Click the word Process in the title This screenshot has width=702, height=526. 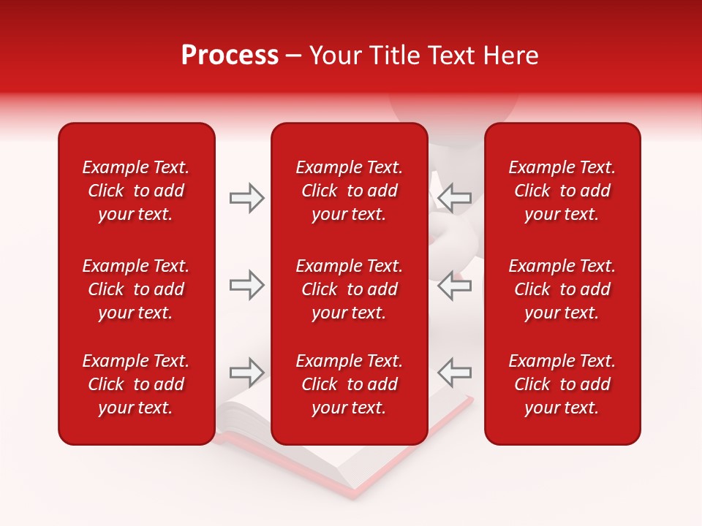click(230, 56)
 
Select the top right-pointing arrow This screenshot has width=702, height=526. click(246, 197)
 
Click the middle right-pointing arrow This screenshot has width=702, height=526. click(246, 285)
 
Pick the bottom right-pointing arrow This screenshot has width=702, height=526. click(246, 373)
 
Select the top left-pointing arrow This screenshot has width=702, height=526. click(454, 197)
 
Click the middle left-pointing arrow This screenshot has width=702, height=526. click(454, 285)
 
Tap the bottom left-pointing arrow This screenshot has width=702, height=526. click(454, 373)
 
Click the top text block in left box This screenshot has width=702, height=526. click(136, 191)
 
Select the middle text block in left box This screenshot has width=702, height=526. click(136, 289)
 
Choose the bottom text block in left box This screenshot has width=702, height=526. click(136, 384)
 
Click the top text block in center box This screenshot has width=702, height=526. click(350, 191)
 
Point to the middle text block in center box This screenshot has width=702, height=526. click(350, 289)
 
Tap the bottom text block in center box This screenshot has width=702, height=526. click(350, 384)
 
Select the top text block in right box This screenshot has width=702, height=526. click(562, 191)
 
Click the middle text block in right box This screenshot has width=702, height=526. click(562, 289)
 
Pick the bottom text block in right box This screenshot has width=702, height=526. click(562, 384)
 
